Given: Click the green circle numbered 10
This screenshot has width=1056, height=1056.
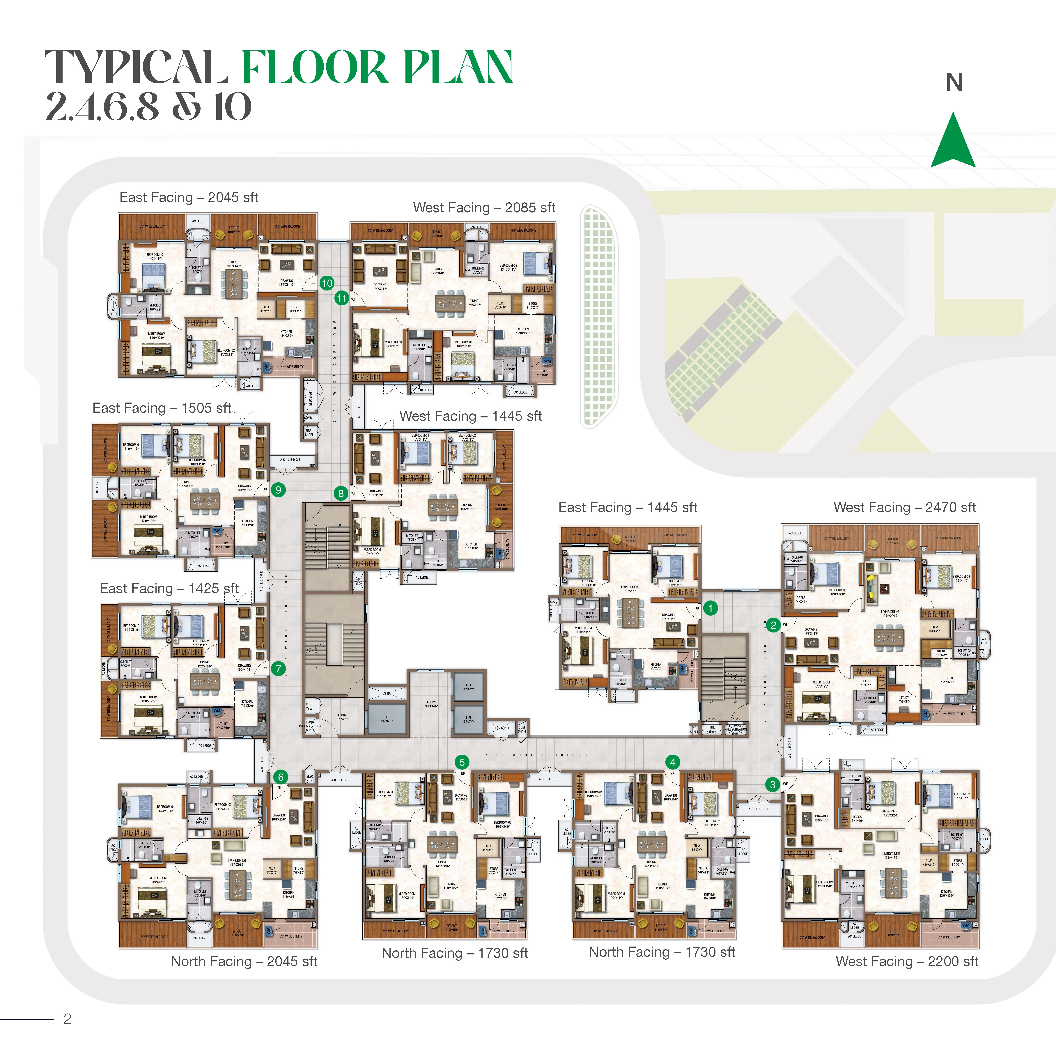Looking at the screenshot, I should pos(327,283).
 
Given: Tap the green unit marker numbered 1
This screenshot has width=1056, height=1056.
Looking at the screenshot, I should pos(711,608).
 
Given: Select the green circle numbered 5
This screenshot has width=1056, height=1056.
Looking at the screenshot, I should pos(462,762).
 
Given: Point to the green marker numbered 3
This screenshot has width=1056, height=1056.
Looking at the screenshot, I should pos(772,784).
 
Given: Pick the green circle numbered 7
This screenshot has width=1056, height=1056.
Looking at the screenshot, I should pos(278,669).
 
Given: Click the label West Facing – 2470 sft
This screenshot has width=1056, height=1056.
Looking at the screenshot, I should pos(905,507).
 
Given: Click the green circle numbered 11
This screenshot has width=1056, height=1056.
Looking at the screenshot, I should pos(342,298).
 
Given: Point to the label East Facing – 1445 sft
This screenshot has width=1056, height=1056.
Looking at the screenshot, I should pos(628,507).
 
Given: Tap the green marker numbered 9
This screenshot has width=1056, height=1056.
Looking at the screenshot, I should pos(278,490).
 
